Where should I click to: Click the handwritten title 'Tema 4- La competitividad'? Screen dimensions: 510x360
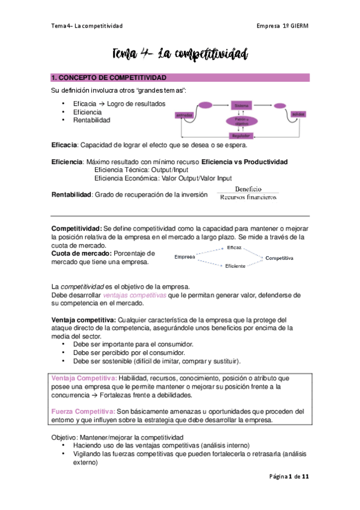(179, 55)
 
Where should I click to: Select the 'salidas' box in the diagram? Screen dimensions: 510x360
(298, 114)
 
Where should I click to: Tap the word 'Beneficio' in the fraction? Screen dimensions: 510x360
(248, 189)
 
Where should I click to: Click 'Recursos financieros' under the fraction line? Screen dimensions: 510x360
(248, 197)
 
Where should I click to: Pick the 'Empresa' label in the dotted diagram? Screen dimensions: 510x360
(185, 257)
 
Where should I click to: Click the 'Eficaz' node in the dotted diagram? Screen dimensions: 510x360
(234, 248)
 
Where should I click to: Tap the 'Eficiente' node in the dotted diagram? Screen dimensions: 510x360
(235, 266)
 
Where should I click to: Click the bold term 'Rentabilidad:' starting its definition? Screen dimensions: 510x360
(70, 194)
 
